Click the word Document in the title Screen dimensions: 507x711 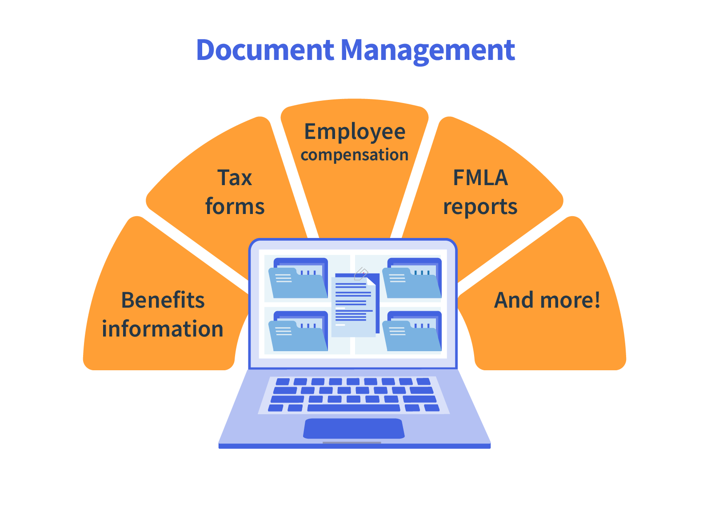coord(265,50)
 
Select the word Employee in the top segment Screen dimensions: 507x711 coord(355,132)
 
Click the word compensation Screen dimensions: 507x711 coord(355,155)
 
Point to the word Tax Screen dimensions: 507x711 coord(235,178)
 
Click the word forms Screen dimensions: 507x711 coord(235,207)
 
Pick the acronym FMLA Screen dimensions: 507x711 coord(480,178)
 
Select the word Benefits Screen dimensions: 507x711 coord(163,301)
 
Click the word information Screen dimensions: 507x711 coord(163,329)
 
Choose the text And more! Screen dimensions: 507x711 coord(547,301)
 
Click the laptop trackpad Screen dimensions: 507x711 coord(354,428)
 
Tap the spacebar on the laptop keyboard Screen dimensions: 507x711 coord(354,408)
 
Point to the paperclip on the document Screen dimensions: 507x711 coord(361,274)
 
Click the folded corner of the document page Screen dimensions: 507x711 coord(371,281)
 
